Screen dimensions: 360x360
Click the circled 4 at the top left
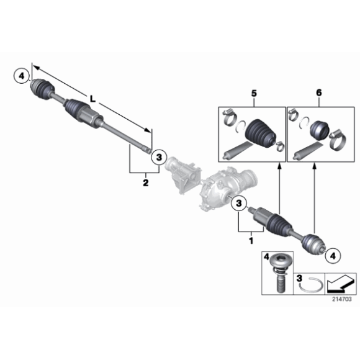21,76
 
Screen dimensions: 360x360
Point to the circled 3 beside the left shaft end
158,158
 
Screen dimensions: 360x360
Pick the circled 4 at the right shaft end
333,253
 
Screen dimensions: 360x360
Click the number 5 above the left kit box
253,93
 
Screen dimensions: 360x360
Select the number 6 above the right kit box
319,93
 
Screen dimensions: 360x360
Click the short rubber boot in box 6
322,130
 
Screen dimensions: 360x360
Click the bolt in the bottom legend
277,273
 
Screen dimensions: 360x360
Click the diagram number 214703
340,299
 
